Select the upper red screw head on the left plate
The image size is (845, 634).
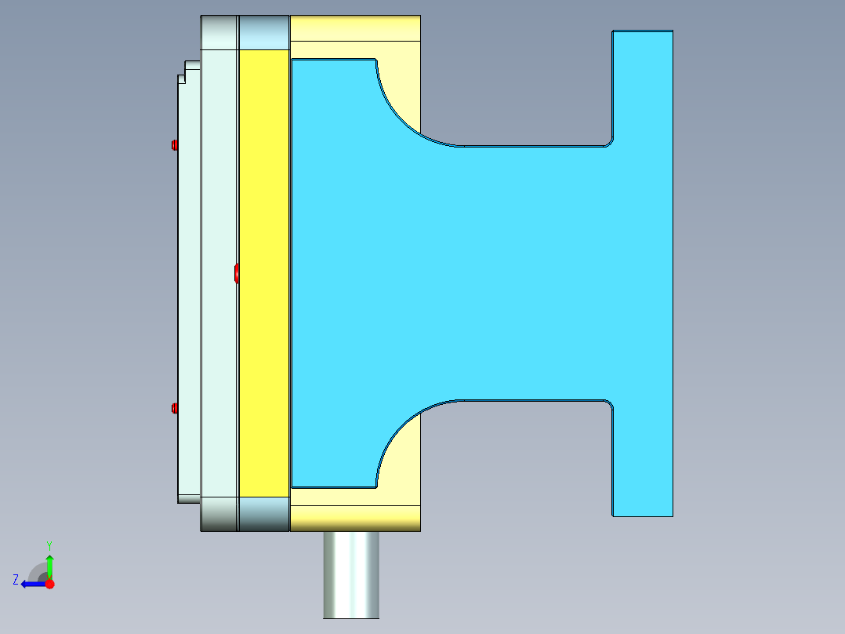click(174, 144)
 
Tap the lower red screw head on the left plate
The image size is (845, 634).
click(174, 407)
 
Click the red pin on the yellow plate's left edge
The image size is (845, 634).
click(237, 272)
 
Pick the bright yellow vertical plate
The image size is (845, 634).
click(263, 272)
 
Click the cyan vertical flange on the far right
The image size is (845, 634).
click(642, 273)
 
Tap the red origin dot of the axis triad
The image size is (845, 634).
click(49, 584)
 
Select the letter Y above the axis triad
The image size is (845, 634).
click(49, 545)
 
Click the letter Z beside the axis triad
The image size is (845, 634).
click(16, 580)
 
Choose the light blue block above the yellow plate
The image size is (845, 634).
click(263, 32)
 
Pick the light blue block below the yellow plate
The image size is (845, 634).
click(263, 514)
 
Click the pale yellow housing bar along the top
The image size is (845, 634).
click(355, 27)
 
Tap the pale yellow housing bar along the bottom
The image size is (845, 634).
click(355, 519)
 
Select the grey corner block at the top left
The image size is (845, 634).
click(219, 32)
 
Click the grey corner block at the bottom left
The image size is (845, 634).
click(219, 514)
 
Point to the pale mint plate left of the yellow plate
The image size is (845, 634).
click(219, 272)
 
